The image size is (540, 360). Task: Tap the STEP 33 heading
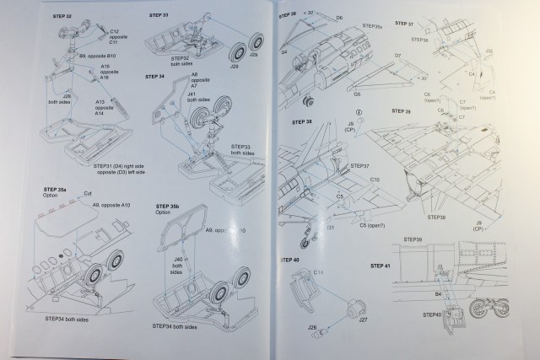point(159,16)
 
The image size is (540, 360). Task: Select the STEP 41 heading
point(382,266)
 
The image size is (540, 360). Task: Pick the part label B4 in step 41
point(439,293)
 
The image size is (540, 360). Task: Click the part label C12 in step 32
point(114,30)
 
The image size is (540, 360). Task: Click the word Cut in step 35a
point(88,193)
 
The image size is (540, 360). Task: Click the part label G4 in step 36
point(284,51)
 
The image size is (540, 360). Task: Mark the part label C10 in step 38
point(375,180)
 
